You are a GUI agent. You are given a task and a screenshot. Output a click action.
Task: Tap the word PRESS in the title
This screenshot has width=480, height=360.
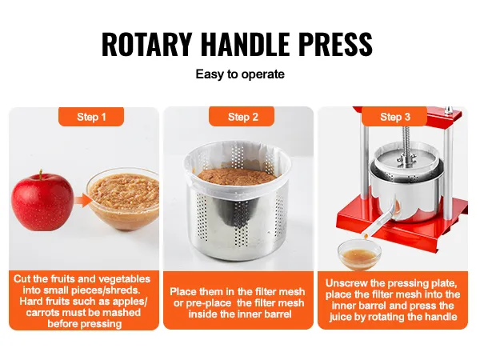coord(335,45)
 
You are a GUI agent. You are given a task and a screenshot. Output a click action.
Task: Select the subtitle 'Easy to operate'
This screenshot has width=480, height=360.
coord(240,74)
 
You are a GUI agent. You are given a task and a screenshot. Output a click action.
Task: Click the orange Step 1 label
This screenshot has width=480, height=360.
coord(91,117)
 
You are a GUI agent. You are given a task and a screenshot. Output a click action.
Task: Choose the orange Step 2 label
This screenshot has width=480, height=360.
coord(242,117)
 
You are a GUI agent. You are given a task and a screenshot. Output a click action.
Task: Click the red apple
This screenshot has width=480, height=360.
coord(42,198)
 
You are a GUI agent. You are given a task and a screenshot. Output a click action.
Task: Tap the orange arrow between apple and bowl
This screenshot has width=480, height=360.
coord(79,199)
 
